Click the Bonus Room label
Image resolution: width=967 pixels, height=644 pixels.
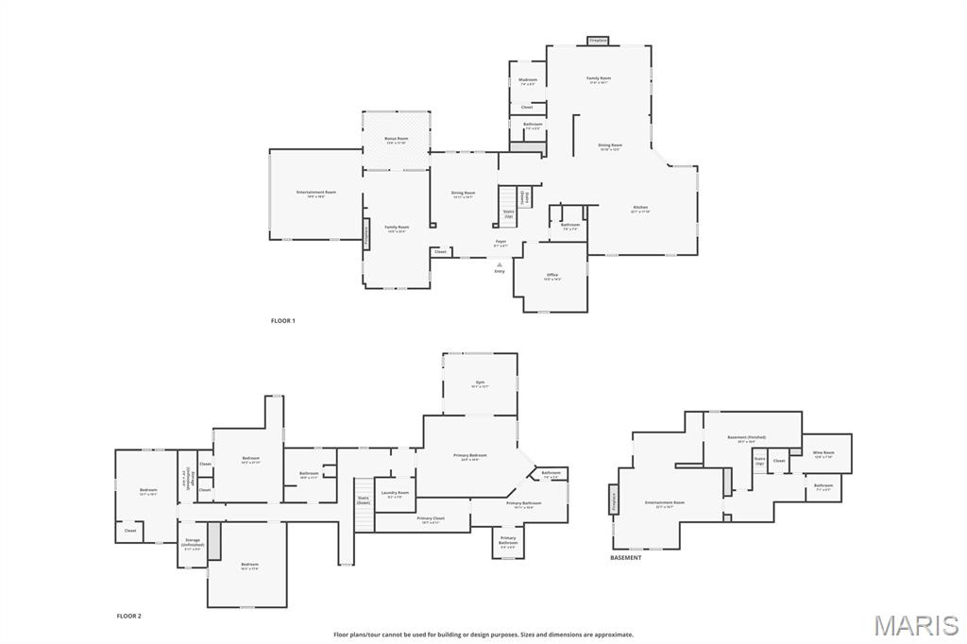click(x=397, y=140)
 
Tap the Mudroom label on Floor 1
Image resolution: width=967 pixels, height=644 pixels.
click(x=528, y=81)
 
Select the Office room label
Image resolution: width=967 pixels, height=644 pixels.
click(x=552, y=276)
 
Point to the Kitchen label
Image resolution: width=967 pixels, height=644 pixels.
click(x=640, y=209)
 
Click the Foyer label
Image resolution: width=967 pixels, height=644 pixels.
click(x=500, y=243)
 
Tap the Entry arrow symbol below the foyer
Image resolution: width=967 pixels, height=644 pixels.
click(x=500, y=264)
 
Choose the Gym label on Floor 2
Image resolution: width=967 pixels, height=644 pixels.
click(x=480, y=383)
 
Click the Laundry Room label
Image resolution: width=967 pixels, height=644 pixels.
click(x=395, y=494)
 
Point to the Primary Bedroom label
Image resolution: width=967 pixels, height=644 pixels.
click(x=470, y=456)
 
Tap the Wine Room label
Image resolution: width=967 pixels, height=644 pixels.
click(x=824, y=453)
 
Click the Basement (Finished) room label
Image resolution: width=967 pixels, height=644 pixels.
click(x=746, y=438)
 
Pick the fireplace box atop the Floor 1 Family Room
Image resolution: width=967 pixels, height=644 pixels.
click(x=598, y=41)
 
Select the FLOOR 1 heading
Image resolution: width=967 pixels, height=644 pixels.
click(x=283, y=321)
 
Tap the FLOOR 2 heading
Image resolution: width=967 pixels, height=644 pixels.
click(x=128, y=616)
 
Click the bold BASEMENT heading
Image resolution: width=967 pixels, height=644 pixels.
click(x=625, y=558)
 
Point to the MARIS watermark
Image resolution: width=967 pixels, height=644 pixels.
click(x=916, y=625)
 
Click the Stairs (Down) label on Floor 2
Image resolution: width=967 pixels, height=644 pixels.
click(x=364, y=500)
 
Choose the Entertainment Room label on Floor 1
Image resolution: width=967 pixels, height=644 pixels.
click(x=316, y=194)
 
